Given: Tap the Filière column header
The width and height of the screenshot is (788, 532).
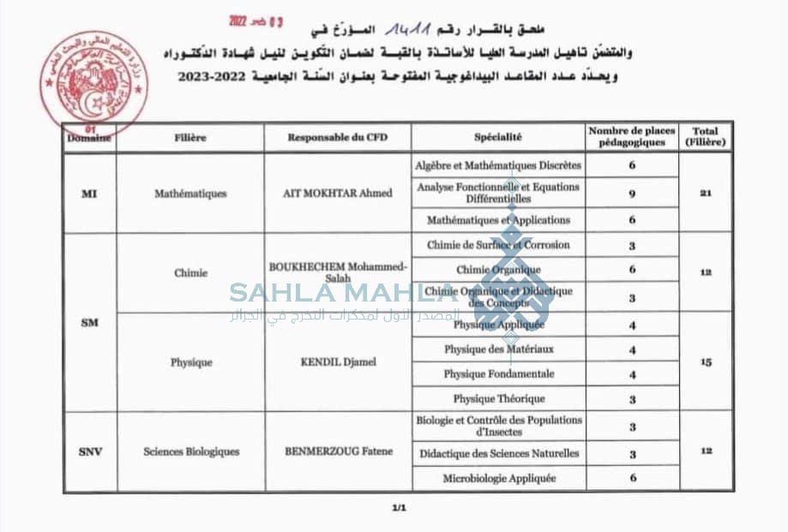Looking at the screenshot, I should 190,137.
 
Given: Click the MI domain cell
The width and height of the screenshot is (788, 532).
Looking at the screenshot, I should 89,194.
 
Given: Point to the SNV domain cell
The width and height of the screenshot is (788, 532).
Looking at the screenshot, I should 89,451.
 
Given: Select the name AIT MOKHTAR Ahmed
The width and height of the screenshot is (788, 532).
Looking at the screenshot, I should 337,194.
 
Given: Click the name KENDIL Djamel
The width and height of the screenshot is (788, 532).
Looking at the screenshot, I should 337,362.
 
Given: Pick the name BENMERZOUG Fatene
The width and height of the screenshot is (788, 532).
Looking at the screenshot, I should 337,451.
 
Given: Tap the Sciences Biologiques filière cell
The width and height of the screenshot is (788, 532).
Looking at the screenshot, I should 191,451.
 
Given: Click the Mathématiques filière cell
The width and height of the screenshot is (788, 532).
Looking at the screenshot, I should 190,194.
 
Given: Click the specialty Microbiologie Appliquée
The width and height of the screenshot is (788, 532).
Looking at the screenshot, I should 499,478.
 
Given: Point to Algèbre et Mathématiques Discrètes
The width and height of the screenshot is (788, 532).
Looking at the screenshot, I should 497,164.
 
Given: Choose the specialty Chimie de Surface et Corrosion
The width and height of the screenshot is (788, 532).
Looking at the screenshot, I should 497,245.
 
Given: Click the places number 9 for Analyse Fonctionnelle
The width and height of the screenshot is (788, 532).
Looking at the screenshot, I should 631,194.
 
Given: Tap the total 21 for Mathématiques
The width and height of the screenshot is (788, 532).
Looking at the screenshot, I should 706,194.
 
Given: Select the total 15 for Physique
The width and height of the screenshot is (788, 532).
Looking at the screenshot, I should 706,362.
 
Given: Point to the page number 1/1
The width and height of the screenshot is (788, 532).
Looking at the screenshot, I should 398,509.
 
